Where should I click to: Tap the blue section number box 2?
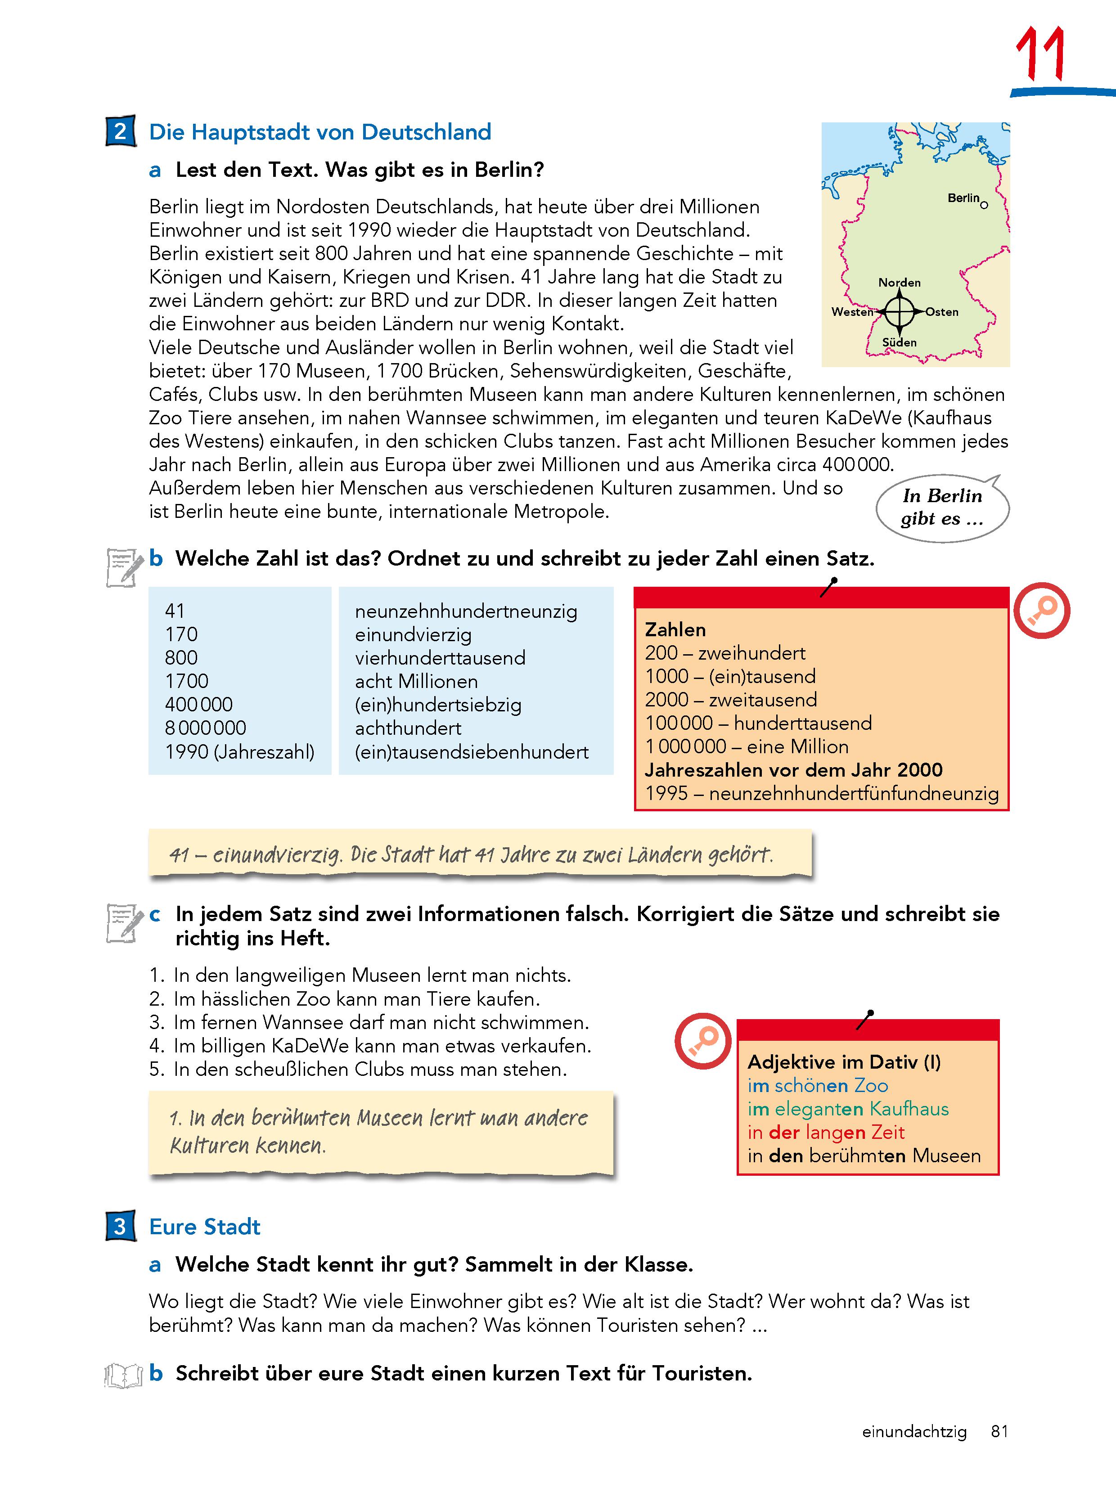(121, 131)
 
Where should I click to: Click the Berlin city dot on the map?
(984, 205)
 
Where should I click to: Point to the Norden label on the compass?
(900, 283)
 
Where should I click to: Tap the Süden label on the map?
(900, 342)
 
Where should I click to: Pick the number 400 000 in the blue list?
(198, 704)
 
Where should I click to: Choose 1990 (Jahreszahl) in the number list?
(239, 751)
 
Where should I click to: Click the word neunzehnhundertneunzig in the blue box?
(465, 611)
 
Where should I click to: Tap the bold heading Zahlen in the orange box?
(675, 629)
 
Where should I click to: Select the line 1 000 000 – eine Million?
(747, 746)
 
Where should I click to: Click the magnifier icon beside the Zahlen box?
(1041, 611)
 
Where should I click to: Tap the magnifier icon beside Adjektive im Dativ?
(703, 1041)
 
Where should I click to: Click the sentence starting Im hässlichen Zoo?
(356, 999)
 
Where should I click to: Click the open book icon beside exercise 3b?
(124, 1375)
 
